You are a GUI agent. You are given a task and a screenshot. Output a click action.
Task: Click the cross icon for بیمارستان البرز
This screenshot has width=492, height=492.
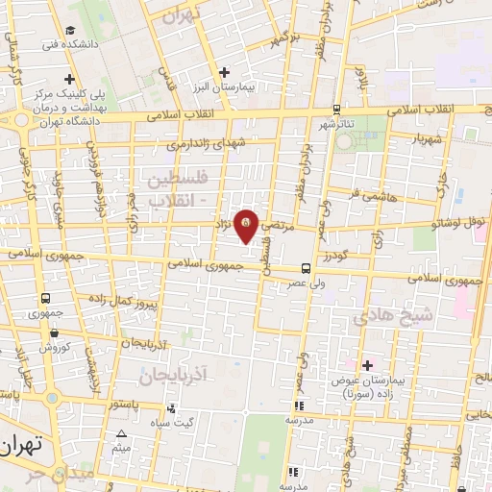tap(224, 71)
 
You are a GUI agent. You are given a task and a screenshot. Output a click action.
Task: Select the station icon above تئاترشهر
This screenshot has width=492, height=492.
tap(335, 110)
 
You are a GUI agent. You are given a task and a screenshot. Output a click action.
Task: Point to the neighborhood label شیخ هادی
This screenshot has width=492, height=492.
tap(394, 314)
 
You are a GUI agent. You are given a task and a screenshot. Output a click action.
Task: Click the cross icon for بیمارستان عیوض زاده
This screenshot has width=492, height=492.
tap(367, 364)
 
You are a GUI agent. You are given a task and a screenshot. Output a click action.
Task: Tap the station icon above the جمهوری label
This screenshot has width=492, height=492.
tap(46, 299)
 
